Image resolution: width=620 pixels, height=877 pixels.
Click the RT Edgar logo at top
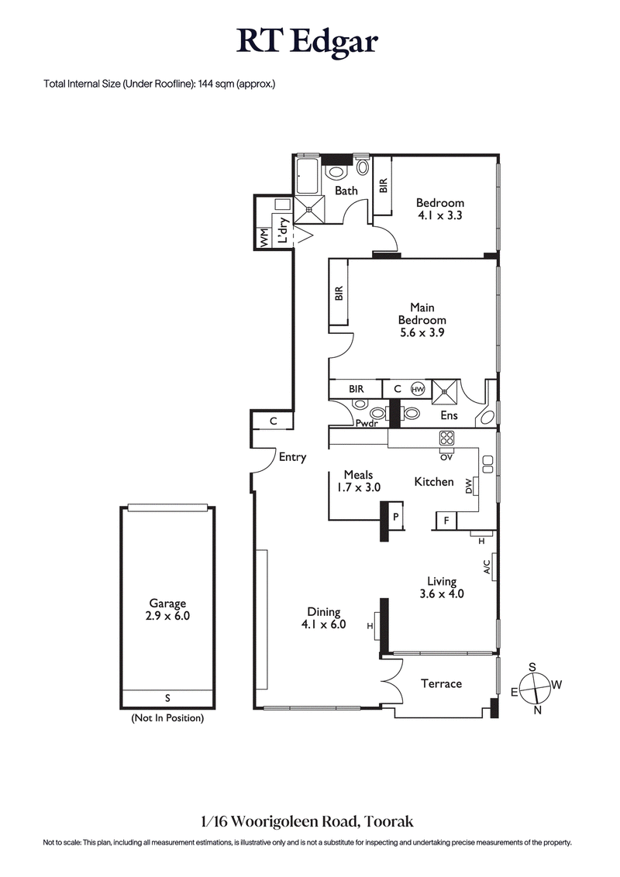(x=308, y=43)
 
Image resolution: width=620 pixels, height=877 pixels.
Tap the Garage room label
(x=167, y=604)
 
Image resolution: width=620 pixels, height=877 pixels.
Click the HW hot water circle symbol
(x=418, y=389)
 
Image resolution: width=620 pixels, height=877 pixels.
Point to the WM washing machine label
(x=264, y=239)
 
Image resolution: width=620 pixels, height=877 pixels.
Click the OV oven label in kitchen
(x=446, y=457)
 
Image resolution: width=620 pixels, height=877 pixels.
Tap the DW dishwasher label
(x=469, y=486)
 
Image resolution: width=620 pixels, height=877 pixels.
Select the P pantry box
(x=395, y=517)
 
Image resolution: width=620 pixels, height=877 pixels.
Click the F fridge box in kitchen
(x=447, y=521)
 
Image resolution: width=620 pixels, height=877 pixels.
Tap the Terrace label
(x=441, y=683)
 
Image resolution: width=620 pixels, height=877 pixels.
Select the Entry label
(x=292, y=457)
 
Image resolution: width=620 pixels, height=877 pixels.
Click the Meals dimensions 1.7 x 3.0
(x=354, y=487)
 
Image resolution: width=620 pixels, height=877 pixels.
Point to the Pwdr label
(x=366, y=424)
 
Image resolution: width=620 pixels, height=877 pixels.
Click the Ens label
(x=448, y=416)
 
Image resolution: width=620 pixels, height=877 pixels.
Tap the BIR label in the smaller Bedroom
(x=383, y=185)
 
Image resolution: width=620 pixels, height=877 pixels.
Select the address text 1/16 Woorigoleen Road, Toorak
(x=309, y=820)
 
